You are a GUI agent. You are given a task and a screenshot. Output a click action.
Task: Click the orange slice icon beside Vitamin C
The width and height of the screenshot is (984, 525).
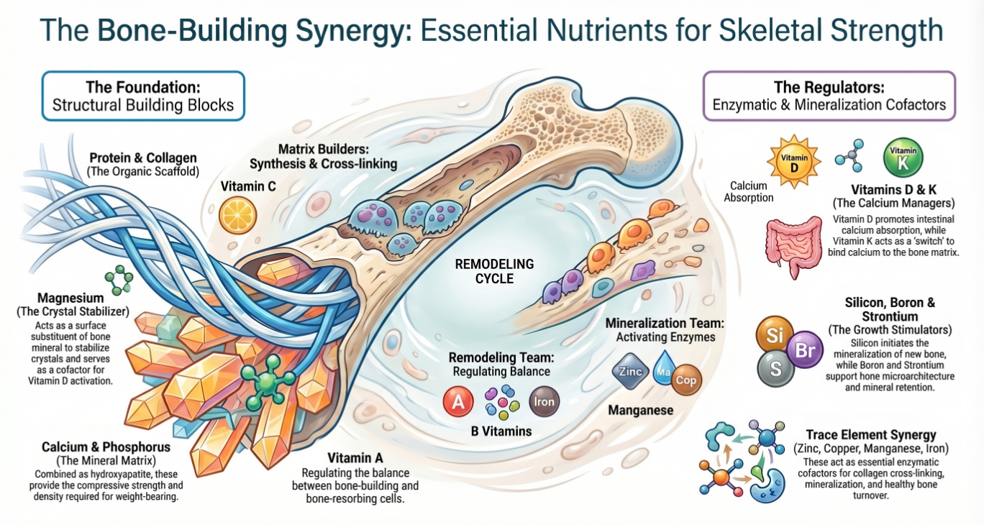236,215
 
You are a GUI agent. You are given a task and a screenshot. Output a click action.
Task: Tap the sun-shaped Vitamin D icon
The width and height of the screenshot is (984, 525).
791,159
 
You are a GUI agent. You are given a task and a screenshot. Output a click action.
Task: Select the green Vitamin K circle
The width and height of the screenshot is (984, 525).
902,157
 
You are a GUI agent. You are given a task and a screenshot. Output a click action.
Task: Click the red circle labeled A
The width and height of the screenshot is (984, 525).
459,402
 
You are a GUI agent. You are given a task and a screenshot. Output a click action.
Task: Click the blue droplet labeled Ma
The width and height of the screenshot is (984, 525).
662,372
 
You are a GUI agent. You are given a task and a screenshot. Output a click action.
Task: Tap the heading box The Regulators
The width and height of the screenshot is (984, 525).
829,96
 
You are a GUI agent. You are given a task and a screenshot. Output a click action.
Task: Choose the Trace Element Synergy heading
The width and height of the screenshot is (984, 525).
871,434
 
